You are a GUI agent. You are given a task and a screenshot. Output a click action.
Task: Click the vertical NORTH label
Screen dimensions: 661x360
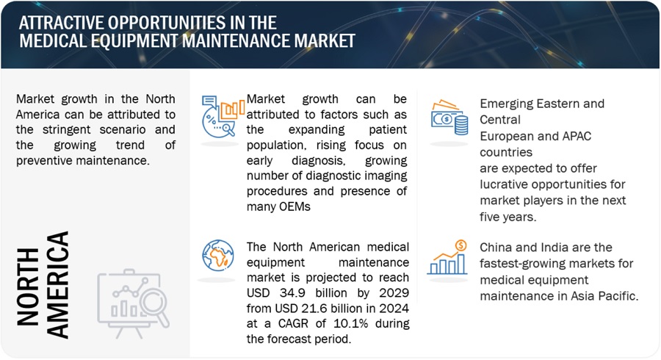tap(28, 287)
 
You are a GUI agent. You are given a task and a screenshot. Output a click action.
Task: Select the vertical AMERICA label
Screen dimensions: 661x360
tap(57, 284)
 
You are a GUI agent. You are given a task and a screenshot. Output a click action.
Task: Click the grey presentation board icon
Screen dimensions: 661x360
tap(133, 303)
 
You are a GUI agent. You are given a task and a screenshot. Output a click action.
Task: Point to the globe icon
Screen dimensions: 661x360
tap(218, 256)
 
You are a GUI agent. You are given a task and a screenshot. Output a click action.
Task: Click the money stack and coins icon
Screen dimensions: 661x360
tap(449, 118)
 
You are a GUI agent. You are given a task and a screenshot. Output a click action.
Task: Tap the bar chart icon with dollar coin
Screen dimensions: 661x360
tap(447, 258)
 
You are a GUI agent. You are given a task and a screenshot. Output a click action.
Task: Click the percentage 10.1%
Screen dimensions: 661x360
tap(351, 324)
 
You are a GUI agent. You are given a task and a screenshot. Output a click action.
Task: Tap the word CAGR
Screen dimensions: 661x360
tap(295, 324)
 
